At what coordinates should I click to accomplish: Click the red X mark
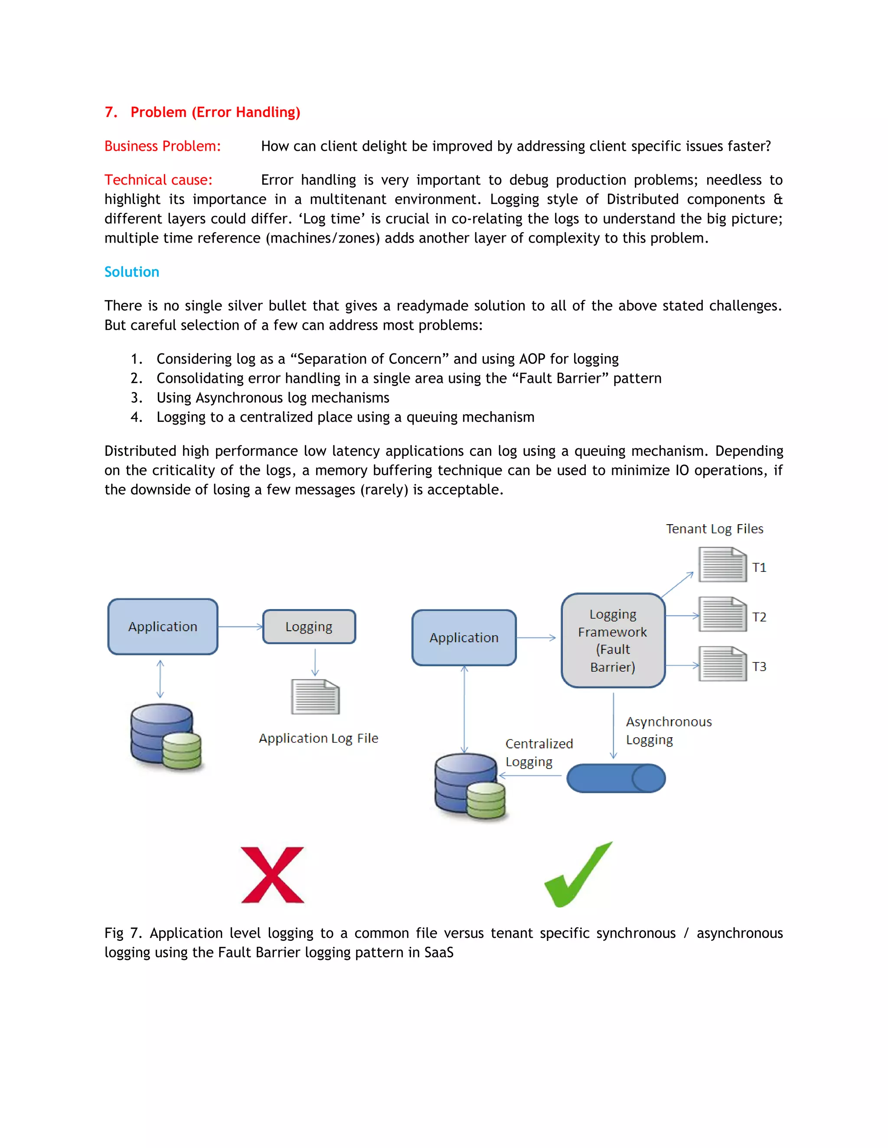click(272, 875)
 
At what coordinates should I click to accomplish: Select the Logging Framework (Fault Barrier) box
click(613, 640)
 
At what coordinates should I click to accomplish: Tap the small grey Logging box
click(309, 626)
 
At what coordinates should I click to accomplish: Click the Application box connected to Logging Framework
click(464, 638)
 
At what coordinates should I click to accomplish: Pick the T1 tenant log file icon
click(722, 564)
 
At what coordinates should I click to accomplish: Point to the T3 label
click(759, 667)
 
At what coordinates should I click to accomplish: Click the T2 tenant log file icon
click(722, 614)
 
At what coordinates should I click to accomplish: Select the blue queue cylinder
click(616, 778)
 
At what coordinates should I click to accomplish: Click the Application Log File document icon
click(315, 697)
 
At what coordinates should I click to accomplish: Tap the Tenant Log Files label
click(715, 529)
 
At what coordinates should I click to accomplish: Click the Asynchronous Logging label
click(668, 731)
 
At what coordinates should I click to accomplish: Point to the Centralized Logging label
click(539, 753)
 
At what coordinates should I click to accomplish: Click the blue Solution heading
click(131, 272)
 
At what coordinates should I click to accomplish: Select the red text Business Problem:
click(163, 146)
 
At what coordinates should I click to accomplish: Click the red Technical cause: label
click(158, 180)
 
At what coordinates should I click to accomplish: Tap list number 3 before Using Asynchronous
click(136, 398)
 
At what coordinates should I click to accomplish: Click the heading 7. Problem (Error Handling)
click(202, 112)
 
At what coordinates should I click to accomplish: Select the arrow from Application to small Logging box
click(240, 626)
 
